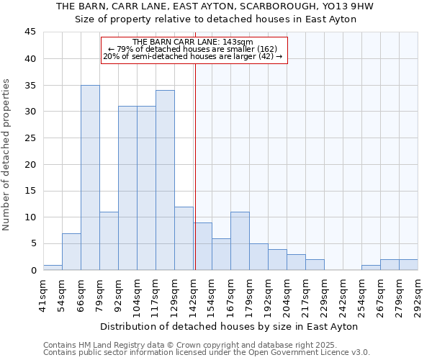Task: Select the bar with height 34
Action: tap(165, 180)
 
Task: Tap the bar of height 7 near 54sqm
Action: tap(71, 251)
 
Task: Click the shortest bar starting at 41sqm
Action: tap(53, 267)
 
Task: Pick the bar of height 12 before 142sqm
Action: tap(184, 238)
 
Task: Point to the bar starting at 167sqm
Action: tap(240, 241)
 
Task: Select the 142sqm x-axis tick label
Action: tap(194, 296)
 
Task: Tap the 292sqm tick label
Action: tap(418, 296)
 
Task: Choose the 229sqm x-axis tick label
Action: tap(325, 296)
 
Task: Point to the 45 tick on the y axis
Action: tap(30, 32)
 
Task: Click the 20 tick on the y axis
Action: tap(30, 164)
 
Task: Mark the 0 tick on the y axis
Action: tap(33, 270)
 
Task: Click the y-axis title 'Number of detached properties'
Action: tap(7, 155)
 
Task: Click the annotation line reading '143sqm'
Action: tap(194, 42)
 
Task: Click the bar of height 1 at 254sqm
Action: tap(371, 267)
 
